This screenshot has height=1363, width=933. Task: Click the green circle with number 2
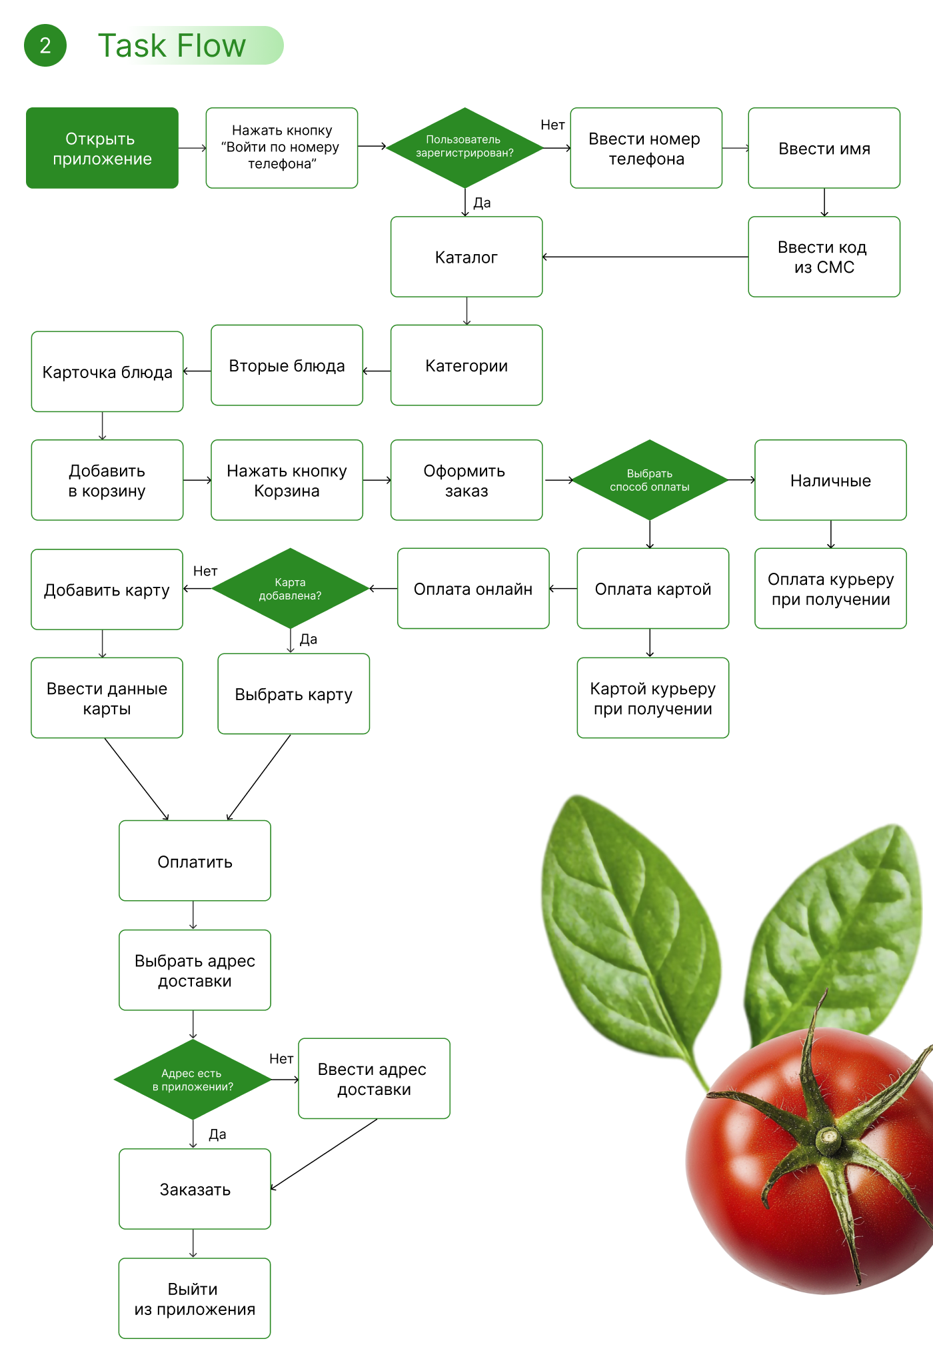click(x=45, y=45)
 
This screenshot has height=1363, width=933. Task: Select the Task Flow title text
click(x=172, y=46)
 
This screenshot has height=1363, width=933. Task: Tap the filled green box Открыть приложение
click(x=102, y=148)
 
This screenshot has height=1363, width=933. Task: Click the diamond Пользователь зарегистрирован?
click(x=465, y=147)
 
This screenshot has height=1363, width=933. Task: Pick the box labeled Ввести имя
click(x=824, y=148)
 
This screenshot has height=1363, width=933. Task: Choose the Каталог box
click(x=466, y=257)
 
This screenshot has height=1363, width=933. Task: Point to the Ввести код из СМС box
click(x=824, y=257)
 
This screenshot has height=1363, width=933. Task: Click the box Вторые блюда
click(x=287, y=365)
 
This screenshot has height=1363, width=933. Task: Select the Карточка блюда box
click(x=107, y=371)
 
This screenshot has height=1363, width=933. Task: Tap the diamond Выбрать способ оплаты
click(x=649, y=480)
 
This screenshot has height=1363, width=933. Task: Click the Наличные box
click(x=830, y=480)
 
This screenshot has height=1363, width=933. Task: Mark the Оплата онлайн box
click(x=473, y=589)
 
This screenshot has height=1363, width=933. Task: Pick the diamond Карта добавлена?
click(x=290, y=589)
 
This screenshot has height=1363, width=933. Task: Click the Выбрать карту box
click(x=293, y=694)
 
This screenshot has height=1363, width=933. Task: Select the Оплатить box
click(x=195, y=861)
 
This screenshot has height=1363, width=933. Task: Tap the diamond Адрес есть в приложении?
click(x=193, y=1080)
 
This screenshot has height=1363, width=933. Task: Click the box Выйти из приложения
click(x=195, y=1298)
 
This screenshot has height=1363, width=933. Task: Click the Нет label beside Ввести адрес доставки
click(x=281, y=1059)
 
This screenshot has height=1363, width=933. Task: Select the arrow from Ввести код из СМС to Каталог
click(x=645, y=257)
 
